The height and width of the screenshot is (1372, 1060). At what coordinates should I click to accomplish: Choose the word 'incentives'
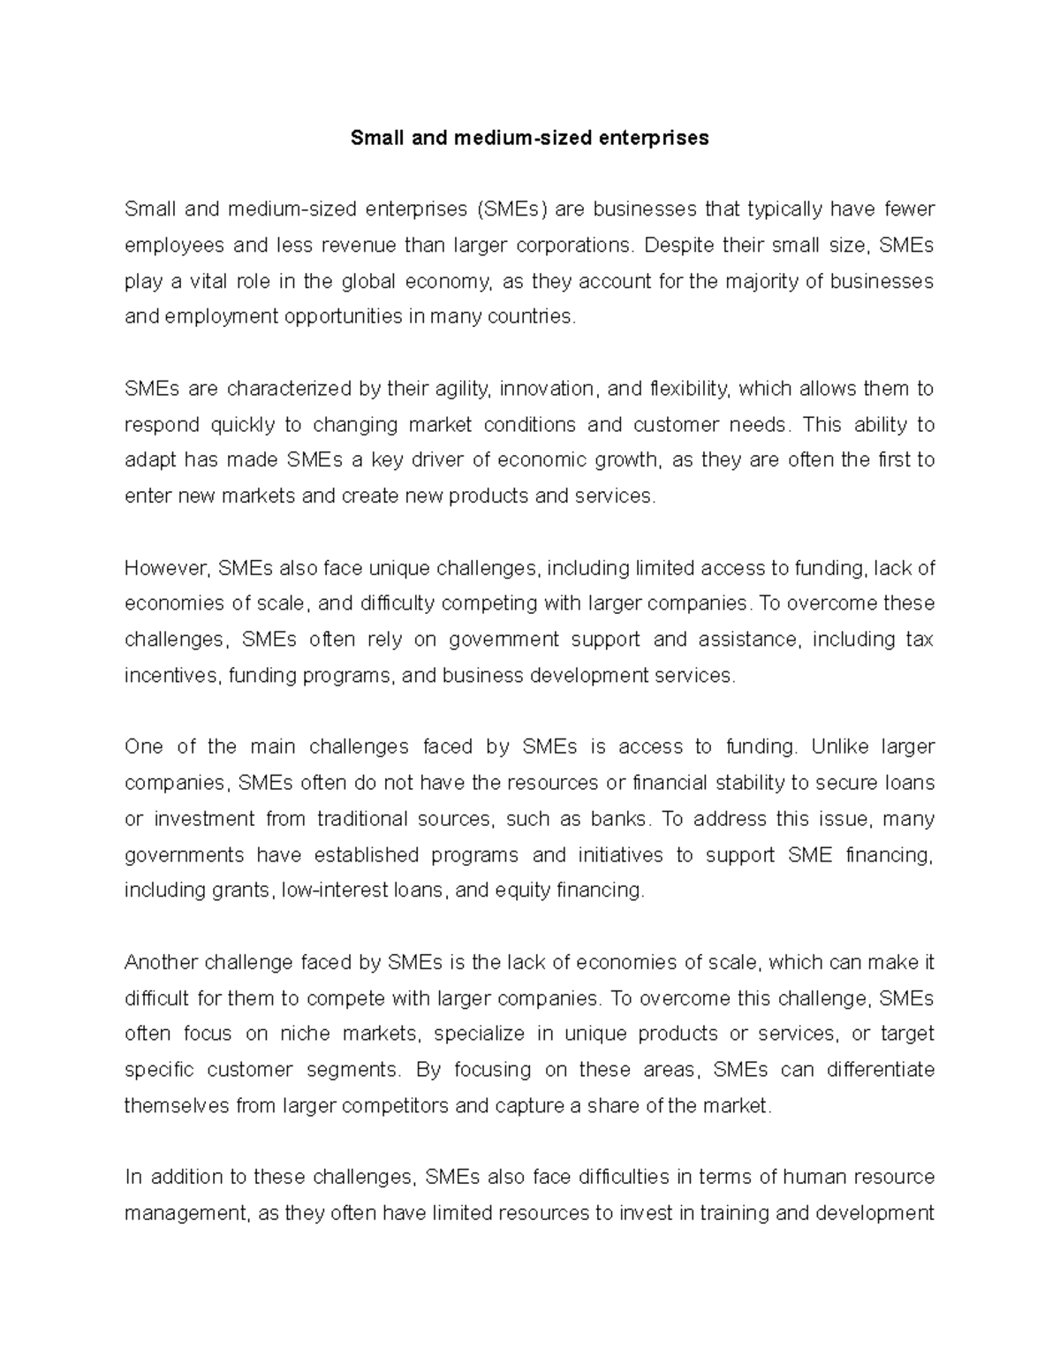(171, 676)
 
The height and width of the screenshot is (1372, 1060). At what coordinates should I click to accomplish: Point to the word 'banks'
(617, 819)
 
